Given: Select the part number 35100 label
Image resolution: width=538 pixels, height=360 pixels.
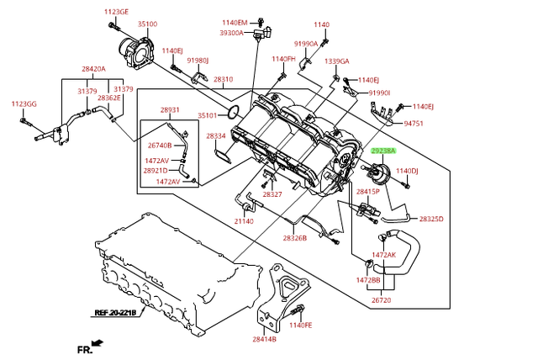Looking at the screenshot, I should coord(147,25).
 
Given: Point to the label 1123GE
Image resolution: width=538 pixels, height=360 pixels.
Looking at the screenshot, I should coord(117,12).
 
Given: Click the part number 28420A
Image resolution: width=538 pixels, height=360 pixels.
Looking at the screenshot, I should coord(93,69).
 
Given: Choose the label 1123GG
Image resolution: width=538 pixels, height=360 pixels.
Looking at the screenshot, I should coord(24,103).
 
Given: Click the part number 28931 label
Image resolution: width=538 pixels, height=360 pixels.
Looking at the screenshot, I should coord(170,110).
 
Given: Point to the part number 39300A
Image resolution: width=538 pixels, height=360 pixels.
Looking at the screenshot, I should coord(231,33).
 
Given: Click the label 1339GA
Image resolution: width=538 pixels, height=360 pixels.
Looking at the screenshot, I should coord(336,61).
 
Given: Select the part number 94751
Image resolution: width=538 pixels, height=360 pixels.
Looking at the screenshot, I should coord(414,124).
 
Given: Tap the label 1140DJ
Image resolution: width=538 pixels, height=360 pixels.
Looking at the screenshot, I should coord(407,171).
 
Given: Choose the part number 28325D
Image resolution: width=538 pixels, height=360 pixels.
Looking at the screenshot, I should coord(431,219).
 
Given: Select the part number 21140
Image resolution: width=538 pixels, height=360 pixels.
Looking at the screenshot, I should coord(244,221).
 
